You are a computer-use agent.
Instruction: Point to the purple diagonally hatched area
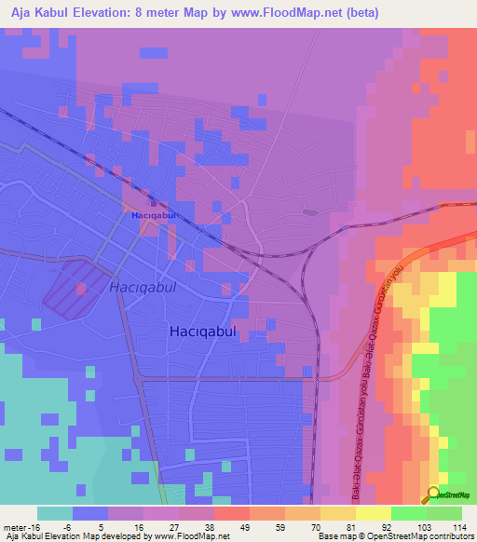[x=75, y=286]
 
